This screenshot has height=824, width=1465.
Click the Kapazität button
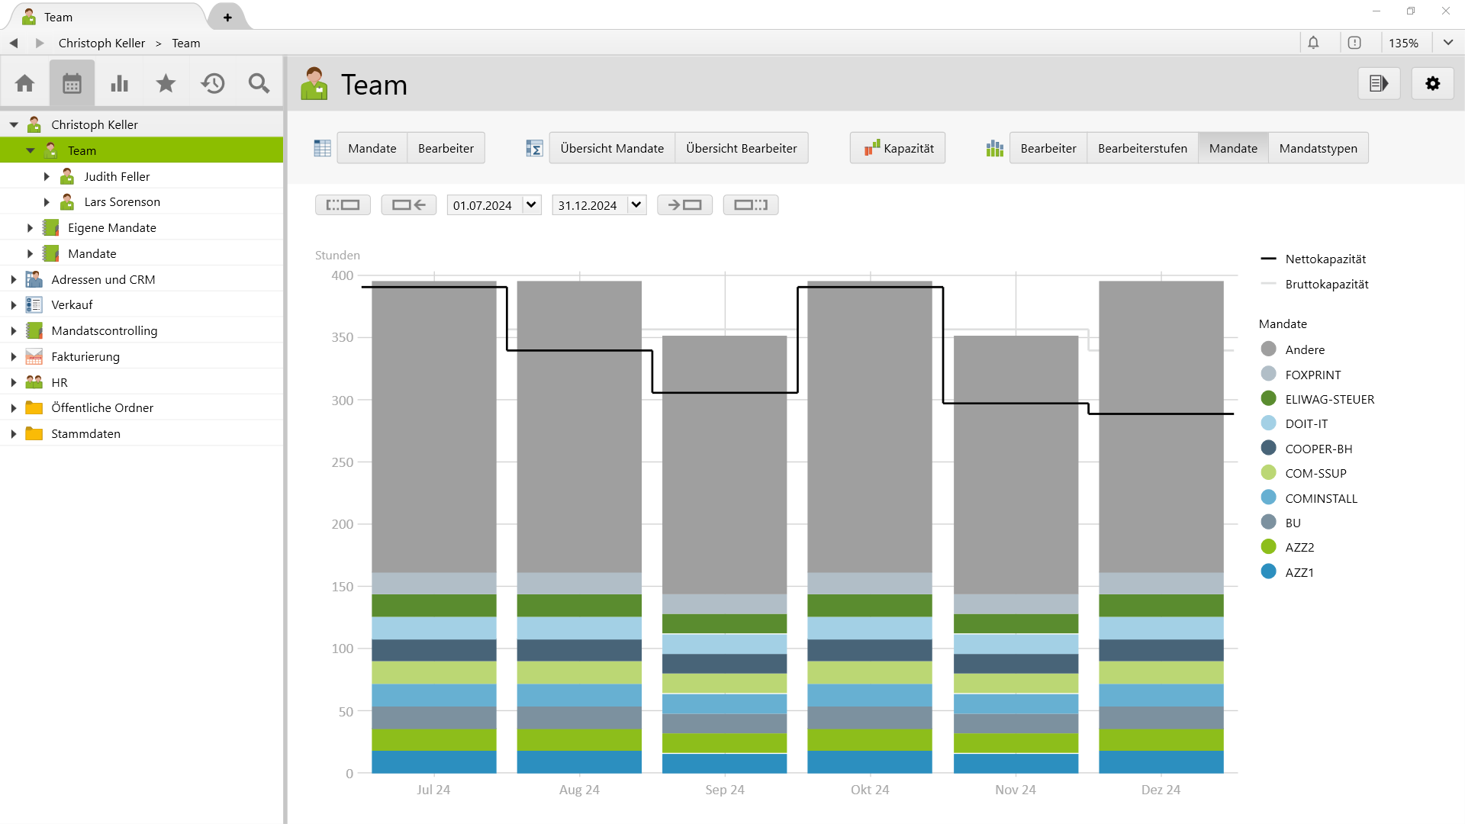[898, 148]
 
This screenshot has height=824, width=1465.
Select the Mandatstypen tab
[1318, 148]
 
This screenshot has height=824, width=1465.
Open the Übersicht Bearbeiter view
[741, 148]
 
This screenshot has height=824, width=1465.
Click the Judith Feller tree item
[117, 176]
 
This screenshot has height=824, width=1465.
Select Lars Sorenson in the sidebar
[122, 202]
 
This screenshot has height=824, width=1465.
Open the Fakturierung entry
[85, 356]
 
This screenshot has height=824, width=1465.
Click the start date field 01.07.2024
[483, 205]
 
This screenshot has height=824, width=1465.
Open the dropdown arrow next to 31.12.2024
[636, 204]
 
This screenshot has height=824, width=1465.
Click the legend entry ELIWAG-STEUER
[1329, 399]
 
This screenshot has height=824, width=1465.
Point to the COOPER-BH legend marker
[1268, 448]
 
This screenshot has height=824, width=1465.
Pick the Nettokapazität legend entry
[1325, 259]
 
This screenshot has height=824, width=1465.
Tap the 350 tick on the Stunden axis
[342, 337]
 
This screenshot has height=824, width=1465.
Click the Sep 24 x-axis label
[724, 790]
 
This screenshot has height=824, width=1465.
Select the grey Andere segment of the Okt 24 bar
[870, 427]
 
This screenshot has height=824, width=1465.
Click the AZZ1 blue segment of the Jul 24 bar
[433, 761]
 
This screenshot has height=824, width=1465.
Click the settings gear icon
[1432, 84]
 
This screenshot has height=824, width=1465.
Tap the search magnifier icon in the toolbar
[259, 83]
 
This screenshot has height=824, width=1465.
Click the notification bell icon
[1313, 43]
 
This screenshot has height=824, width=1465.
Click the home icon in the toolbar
[24, 83]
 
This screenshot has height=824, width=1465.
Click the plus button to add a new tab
[227, 17]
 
